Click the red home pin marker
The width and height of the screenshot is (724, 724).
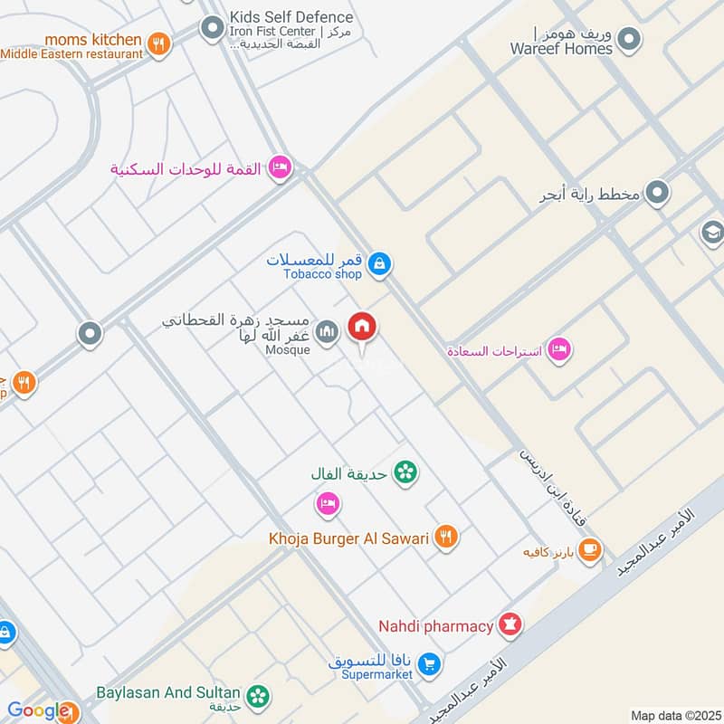pos(363,328)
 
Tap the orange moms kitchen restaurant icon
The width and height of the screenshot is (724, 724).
pos(159,43)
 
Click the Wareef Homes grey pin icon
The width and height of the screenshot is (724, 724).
pos(629,40)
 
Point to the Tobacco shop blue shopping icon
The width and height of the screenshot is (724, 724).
pos(381,263)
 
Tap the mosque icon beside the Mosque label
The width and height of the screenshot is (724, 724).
pos(328,332)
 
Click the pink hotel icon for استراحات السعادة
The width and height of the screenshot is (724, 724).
pos(560,349)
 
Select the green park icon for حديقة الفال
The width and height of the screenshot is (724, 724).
pos(406,472)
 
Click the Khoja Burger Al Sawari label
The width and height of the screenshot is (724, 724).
pos(348,538)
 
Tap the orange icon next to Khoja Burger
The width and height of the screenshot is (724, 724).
pos(445,538)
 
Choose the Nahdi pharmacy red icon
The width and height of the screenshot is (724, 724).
pos(511,625)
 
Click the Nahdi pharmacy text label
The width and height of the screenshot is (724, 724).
pos(436,626)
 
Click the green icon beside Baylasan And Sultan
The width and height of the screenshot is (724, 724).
pos(259,695)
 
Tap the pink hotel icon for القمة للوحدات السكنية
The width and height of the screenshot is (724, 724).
pos(281,167)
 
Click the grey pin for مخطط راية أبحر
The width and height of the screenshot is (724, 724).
pos(658,193)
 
